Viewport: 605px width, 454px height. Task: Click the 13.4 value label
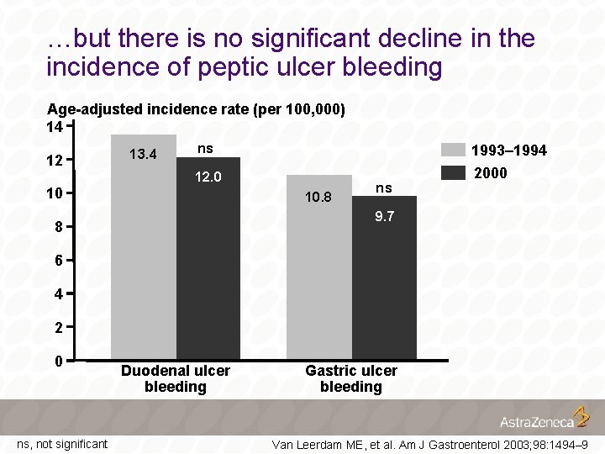[x=143, y=154]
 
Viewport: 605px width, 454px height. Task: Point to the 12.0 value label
[x=208, y=177]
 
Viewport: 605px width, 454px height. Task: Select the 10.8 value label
[x=318, y=198]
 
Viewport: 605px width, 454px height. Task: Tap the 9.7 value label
[x=385, y=216]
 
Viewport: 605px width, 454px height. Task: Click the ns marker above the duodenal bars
[x=205, y=149]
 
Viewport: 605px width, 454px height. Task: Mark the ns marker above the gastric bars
[x=384, y=187]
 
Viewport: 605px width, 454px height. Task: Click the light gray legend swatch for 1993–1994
[x=453, y=150]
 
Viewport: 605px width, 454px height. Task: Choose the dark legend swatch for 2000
[x=453, y=172]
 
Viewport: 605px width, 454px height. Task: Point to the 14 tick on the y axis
[x=55, y=127]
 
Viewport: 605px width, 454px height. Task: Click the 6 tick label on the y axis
[x=58, y=261]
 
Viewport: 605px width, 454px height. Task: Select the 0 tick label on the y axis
[x=58, y=362]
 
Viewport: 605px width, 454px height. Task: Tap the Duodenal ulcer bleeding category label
[x=175, y=378]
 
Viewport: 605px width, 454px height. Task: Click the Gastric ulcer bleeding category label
[x=351, y=378]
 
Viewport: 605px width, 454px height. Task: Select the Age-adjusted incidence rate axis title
[x=196, y=109]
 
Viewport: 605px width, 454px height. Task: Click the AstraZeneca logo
[x=544, y=419]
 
